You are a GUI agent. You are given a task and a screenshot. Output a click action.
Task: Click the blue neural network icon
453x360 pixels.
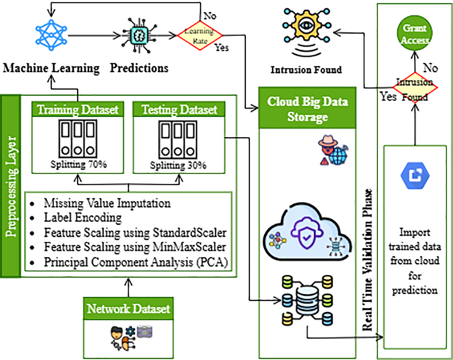click(51, 35)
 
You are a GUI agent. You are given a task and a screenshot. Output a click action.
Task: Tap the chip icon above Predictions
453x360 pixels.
click(139, 35)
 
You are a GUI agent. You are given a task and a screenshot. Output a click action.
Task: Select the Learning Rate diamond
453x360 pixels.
click(200, 35)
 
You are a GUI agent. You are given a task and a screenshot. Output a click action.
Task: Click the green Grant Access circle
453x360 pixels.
click(415, 33)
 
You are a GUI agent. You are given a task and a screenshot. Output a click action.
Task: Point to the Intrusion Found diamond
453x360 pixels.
click(415, 87)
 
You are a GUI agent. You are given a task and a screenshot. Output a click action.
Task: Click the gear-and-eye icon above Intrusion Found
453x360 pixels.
click(307, 32)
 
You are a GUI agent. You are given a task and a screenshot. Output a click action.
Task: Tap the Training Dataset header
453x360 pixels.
click(78, 109)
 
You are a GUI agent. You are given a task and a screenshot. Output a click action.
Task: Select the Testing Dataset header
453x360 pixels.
click(179, 109)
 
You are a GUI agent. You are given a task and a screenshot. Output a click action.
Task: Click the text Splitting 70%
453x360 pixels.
click(79, 164)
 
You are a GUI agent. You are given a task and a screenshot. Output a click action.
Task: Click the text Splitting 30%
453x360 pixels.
click(178, 165)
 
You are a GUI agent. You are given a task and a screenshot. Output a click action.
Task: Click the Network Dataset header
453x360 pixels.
click(128, 309)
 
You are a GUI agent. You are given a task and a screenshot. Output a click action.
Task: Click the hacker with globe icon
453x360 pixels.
click(333, 150)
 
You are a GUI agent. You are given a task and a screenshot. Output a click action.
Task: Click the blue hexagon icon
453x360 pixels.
click(415, 175)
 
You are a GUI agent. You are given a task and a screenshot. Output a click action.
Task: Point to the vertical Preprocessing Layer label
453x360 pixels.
click(11, 186)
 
